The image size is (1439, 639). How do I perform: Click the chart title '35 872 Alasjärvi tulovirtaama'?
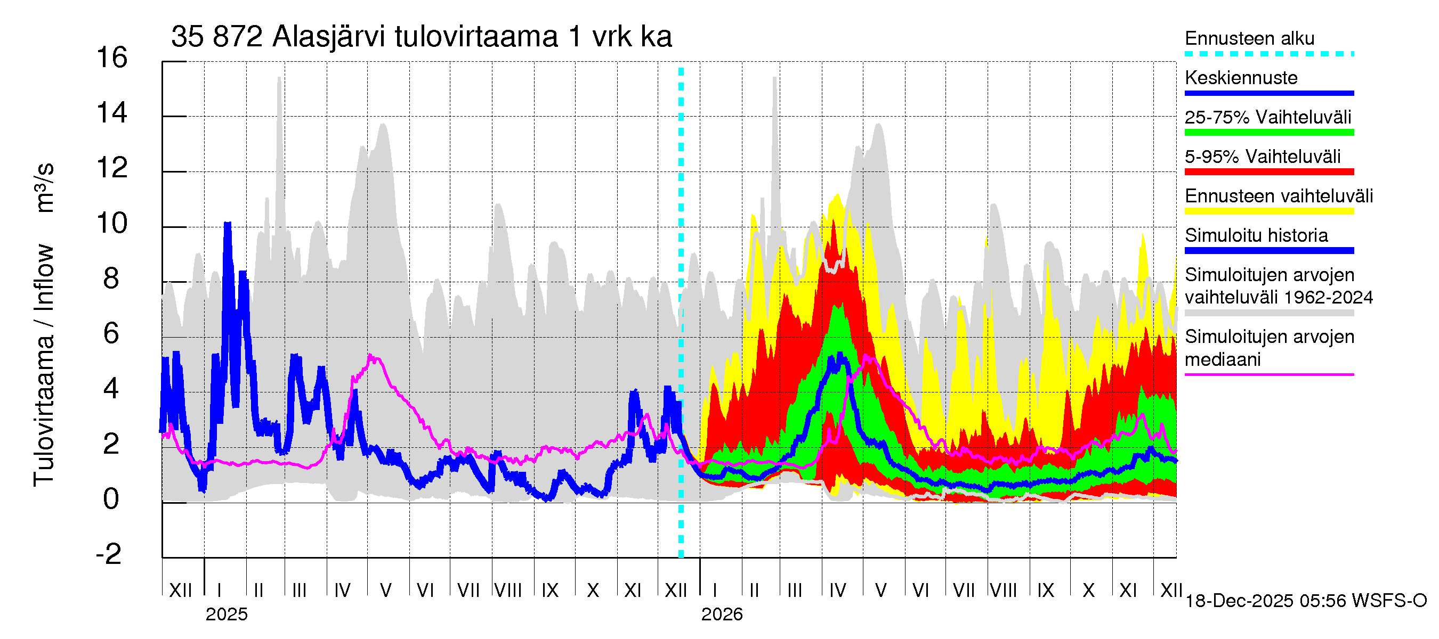421,37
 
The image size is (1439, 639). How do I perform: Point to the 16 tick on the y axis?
112,58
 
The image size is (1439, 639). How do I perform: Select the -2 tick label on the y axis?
109,554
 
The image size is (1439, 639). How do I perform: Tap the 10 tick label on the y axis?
112,223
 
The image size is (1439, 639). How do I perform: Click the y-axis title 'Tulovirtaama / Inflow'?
44,365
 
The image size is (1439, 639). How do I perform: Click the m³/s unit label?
45,187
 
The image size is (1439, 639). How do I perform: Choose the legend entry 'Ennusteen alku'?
1250,38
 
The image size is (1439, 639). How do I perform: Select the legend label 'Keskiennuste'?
1241,78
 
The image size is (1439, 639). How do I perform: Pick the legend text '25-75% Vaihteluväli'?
1268,117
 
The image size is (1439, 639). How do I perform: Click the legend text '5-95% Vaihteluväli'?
1263,157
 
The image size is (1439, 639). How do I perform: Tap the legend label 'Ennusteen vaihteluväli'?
1279,196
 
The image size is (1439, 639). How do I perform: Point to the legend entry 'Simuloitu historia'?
1256,235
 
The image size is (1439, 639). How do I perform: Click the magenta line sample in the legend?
1269,374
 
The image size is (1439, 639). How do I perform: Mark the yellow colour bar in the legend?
1269,211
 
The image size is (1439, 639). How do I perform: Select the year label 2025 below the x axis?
226,615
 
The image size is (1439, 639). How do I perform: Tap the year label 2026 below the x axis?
722,615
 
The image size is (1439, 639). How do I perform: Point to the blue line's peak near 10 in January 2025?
228,224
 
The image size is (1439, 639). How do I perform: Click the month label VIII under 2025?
508,591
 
